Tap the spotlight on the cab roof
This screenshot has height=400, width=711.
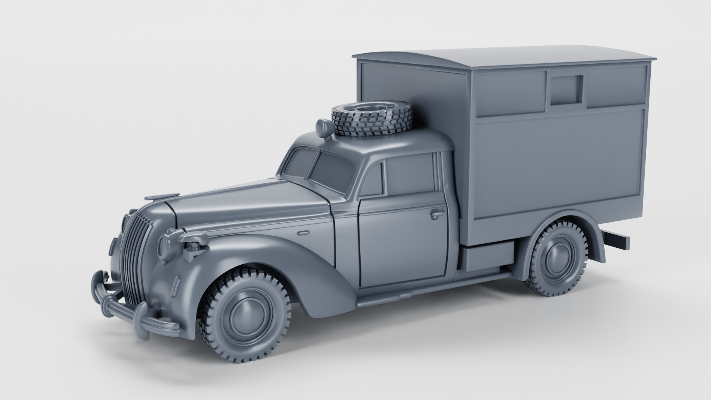324,128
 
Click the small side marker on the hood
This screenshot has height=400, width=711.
303,233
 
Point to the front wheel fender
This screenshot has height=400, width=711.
237,256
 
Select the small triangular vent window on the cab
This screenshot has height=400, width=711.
373,181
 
